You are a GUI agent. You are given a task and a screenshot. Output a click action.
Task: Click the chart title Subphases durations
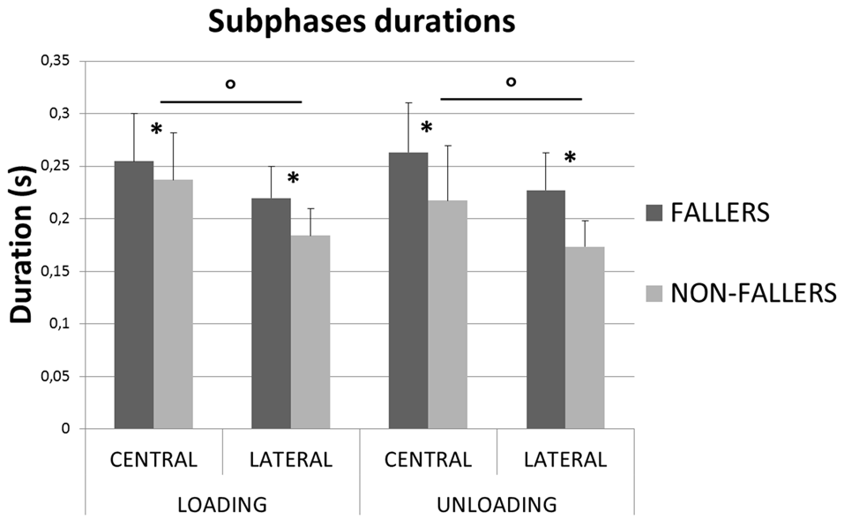coord(362,22)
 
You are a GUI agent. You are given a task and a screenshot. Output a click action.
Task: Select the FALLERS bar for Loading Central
coord(134,295)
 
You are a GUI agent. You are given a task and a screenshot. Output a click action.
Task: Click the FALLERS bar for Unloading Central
coord(408,290)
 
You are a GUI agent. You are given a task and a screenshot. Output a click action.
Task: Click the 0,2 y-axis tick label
coord(61,219)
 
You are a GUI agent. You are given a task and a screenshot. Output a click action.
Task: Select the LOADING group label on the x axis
coord(222,504)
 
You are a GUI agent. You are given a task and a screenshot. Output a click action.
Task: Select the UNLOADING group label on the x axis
coord(497,504)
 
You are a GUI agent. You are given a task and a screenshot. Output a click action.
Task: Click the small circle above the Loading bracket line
coord(230,85)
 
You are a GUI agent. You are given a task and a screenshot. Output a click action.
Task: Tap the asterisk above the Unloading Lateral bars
coord(570,158)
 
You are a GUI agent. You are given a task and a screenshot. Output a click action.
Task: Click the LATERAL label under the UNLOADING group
coord(564,460)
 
